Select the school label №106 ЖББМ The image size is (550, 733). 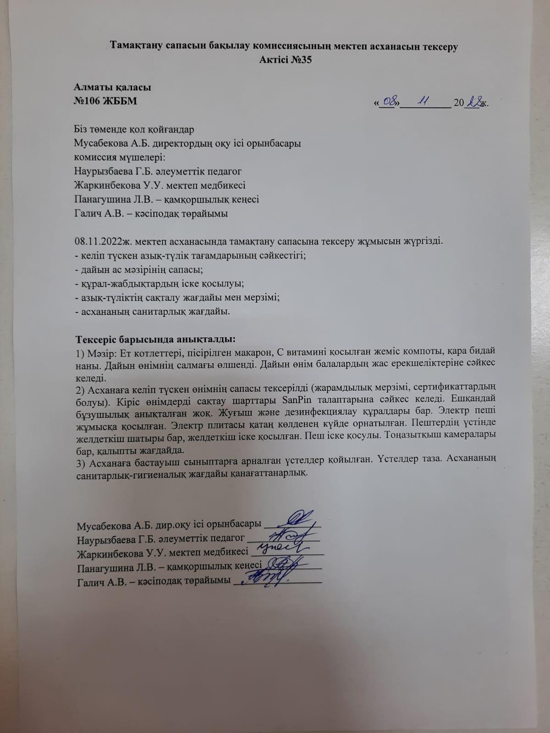[105, 101]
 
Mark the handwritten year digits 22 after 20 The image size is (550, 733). [473, 102]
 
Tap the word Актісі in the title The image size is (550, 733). [274, 60]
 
